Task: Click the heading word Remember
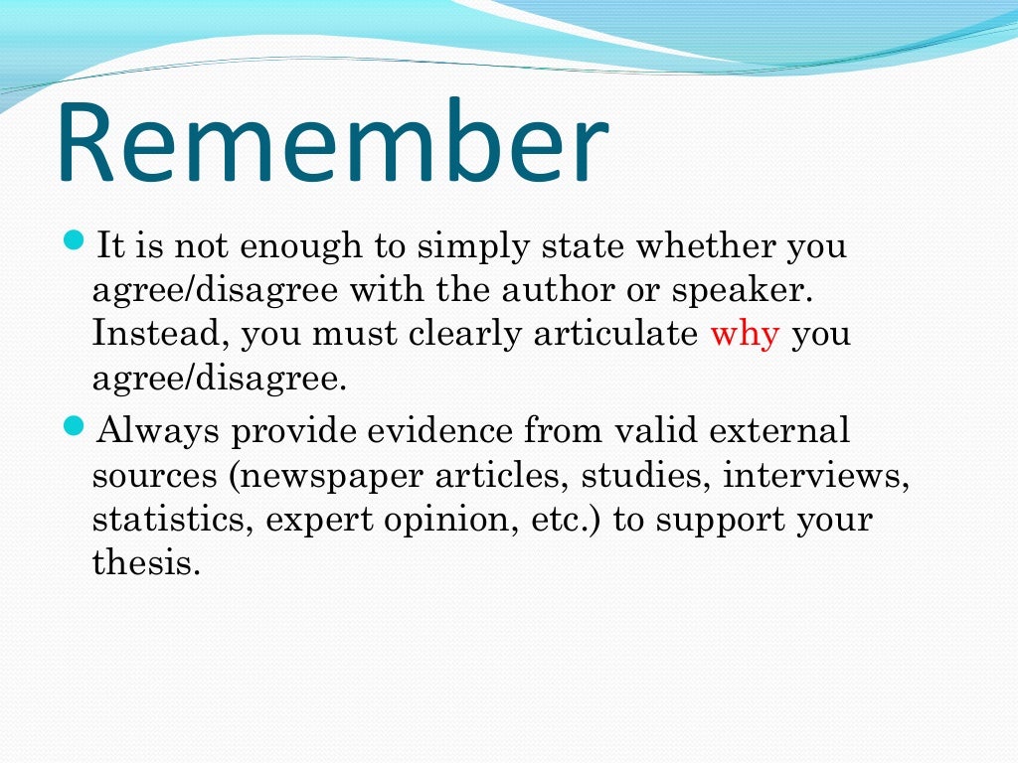pyautogui.click(x=332, y=143)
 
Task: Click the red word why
pyautogui.click(x=744, y=335)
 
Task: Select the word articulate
pyautogui.click(x=615, y=334)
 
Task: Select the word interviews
pyautogui.click(x=816, y=475)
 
